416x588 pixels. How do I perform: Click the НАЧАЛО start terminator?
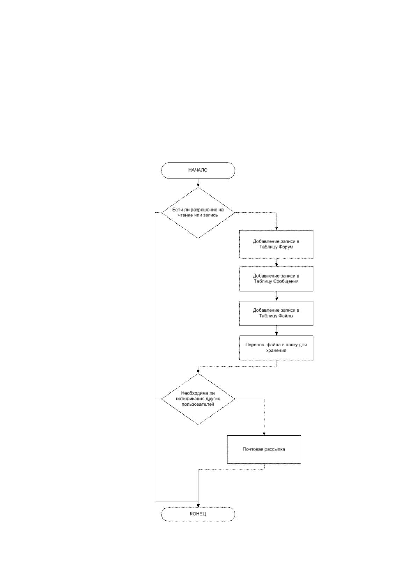point(198,170)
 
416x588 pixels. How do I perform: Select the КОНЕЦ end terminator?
point(198,514)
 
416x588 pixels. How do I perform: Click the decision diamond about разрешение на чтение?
point(198,213)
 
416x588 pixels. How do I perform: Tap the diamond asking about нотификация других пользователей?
point(198,399)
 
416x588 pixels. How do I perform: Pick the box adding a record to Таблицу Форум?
point(276,244)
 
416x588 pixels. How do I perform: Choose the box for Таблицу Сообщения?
point(276,279)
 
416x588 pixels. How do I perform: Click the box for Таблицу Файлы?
point(276,313)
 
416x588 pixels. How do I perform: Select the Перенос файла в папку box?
point(276,347)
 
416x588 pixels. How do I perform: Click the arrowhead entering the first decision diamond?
point(198,185)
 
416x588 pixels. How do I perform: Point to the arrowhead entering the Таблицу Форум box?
point(276,229)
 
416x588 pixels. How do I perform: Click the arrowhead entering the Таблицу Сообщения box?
point(276,265)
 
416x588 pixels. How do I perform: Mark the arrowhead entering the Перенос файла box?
point(276,334)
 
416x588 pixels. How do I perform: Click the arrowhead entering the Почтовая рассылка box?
point(264,434)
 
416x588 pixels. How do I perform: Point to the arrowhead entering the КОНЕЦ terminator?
point(198,505)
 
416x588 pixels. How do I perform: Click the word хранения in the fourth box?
point(276,351)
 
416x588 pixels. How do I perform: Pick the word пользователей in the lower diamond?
point(198,404)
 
